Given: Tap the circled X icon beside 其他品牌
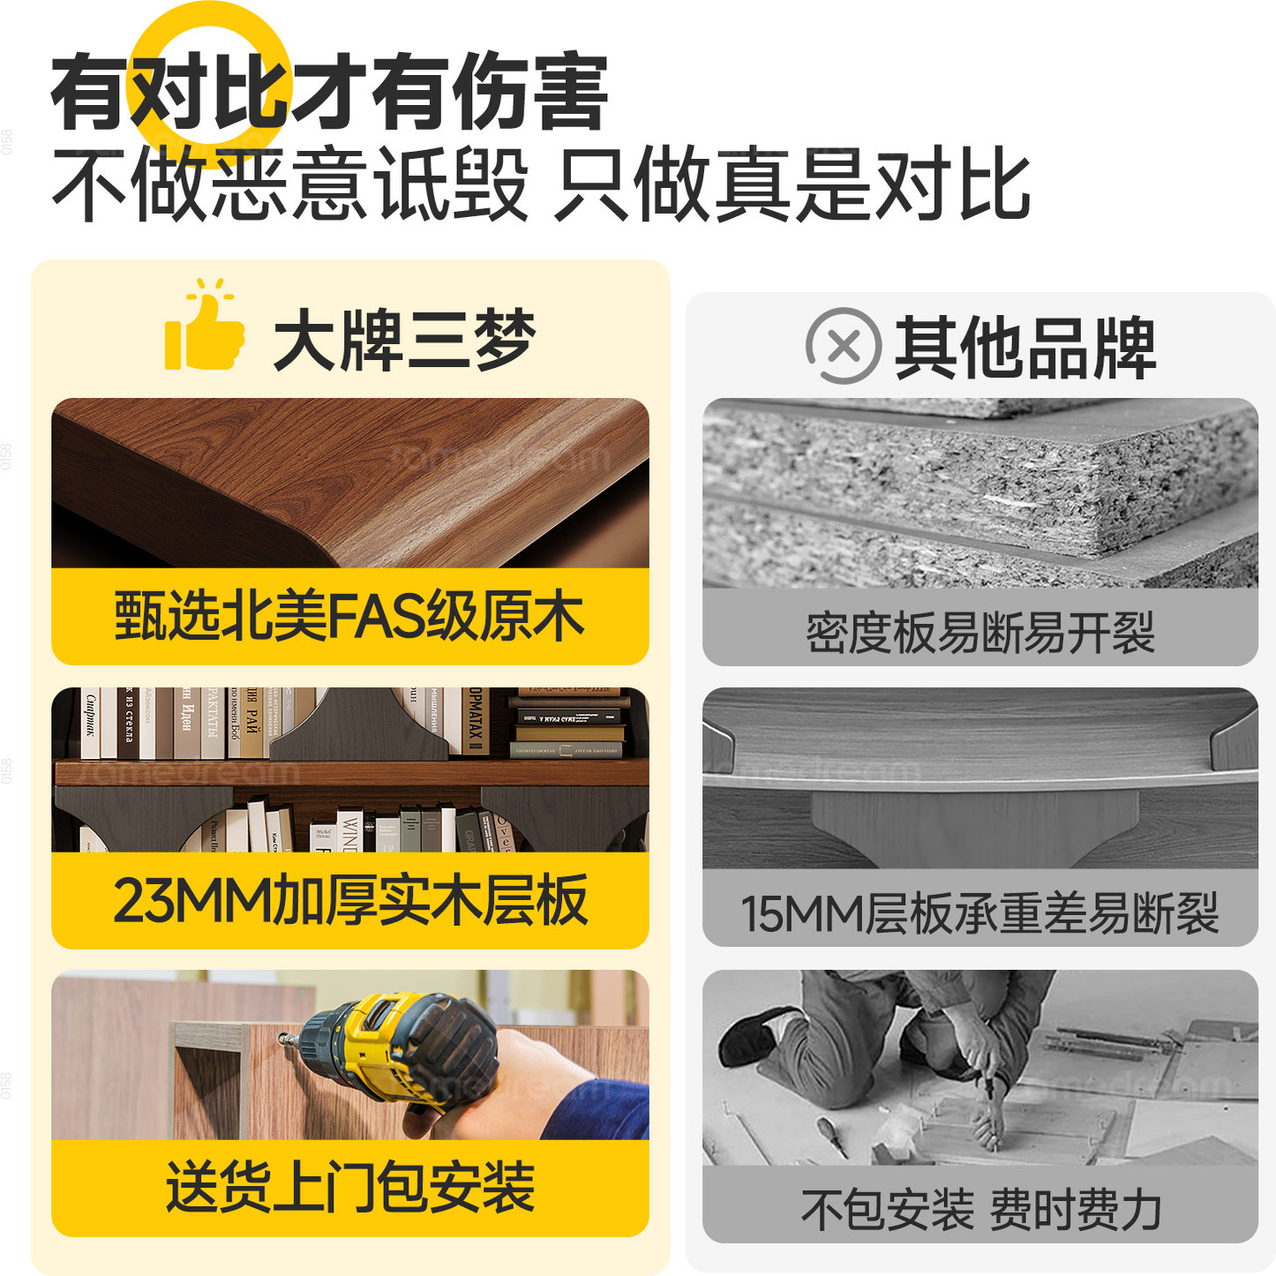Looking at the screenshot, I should [x=843, y=346].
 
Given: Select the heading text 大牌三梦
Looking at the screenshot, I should [x=404, y=341].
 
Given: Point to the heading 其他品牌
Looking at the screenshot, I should [x=1025, y=348].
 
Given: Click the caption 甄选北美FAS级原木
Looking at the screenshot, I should [x=349, y=617].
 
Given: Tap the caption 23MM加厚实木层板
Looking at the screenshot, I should [x=349, y=901].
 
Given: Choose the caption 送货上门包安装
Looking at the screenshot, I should [x=349, y=1187].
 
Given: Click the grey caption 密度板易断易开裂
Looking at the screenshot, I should [x=980, y=632].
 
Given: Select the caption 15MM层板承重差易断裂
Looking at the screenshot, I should [x=980, y=913].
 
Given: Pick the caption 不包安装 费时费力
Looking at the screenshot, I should [x=980, y=1208].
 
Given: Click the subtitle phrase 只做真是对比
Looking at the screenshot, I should [x=792, y=184].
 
